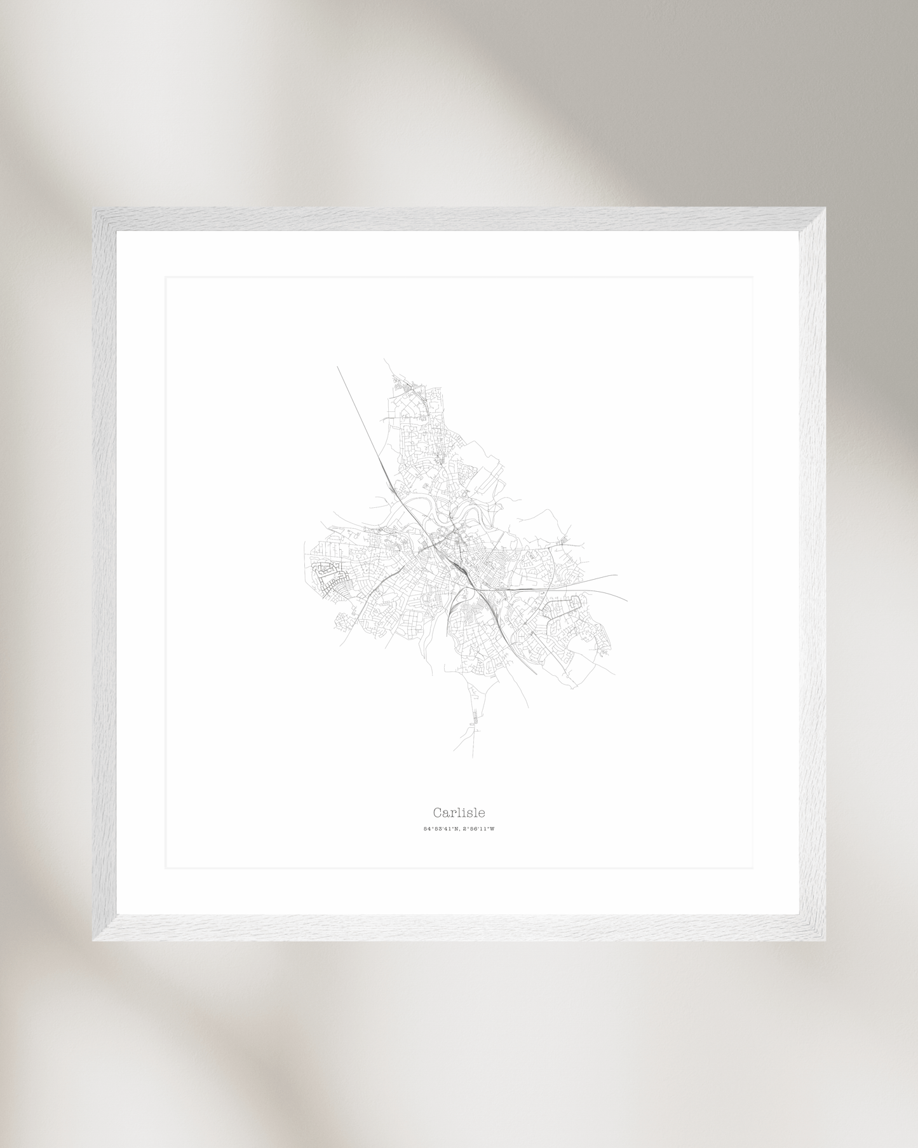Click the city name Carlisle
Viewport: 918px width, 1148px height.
[x=459, y=812]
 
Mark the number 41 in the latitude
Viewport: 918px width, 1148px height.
[x=447, y=829]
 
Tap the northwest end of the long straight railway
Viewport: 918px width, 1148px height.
[x=337, y=366]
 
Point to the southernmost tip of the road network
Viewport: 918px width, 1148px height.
[x=472, y=756]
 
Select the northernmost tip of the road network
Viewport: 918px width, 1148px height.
[x=384, y=359]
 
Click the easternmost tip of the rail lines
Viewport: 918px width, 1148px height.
[x=627, y=600]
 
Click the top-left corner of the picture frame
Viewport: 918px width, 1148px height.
[x=94, y=208]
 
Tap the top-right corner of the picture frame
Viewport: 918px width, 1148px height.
[x=825, y=208]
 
